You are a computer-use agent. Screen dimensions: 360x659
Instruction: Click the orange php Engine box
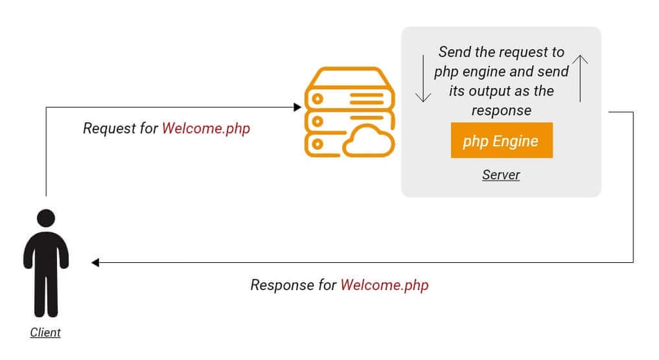[x=502, y=141]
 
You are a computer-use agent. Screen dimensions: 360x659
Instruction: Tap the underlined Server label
[x=501, y=175]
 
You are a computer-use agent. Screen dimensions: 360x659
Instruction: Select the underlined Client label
[x=45, y=332]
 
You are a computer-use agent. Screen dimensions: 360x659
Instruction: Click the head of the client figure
[x=46, y=218]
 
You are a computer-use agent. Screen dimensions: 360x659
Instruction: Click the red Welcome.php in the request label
[x=206, y=128]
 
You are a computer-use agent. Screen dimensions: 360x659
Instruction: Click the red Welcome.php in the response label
[x=384, y=285]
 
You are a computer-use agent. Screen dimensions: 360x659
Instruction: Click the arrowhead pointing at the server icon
[x=298, y=108]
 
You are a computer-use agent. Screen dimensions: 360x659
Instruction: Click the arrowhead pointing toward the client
[x=95, y=262]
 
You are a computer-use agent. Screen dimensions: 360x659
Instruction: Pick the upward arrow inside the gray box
[x=581, y=78]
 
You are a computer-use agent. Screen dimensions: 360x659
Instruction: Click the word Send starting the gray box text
[x=454, y=52]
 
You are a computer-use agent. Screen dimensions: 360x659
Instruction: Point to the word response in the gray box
[x=501, y=110]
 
